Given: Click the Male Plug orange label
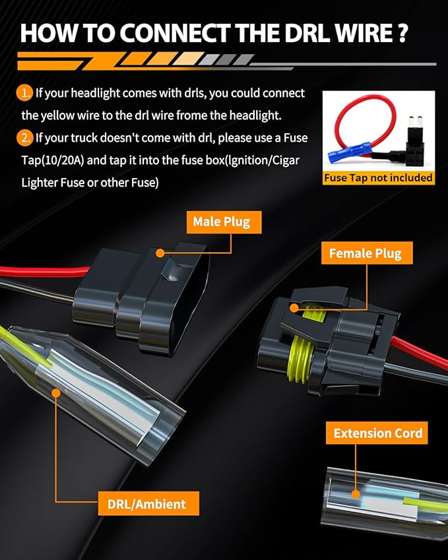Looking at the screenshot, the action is (x=224, y=222).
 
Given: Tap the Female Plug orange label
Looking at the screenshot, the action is (x=367, y=253).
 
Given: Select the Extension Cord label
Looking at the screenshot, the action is (x=377, y=433).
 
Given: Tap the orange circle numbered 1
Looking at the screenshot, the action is (x=24, y=94).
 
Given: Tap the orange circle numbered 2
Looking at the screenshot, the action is (x=24, y=138).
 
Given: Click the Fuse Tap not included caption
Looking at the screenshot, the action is (x=378, y=177).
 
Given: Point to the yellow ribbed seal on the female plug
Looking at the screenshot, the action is (x=301, y=360).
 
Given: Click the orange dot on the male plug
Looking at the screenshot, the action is (x=160, y=253).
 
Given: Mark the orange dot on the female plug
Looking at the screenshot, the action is (x=294, y=308).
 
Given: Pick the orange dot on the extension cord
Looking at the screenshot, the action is (x=356, y=494).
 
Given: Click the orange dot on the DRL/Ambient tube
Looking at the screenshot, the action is (x=55, y=393).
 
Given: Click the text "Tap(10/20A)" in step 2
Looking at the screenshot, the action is (x=53, y=160).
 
